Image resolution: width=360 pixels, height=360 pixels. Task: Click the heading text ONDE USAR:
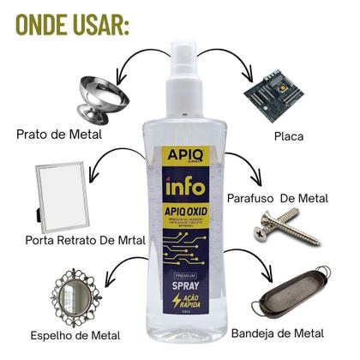pyautogui.click(x=71, y=24)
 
